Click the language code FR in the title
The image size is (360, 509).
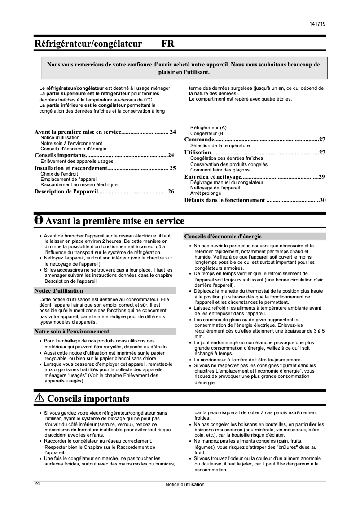click(x=167, y=44)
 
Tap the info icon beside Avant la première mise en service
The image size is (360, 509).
click(x=39, y=220)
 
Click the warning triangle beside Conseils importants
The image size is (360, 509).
click(x=39, y=398)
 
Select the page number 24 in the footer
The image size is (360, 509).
click(x=37, y=483)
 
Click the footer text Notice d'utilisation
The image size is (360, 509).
click(x=184, y=485)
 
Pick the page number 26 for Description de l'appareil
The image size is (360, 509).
click(x=171, y=192)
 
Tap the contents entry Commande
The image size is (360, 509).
click(x=199, y=140)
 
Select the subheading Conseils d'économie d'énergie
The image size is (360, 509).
click(x=223, y=236)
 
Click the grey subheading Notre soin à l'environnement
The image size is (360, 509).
click(x=72, y=332)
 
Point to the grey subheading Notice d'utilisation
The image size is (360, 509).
click(x=59, y=290)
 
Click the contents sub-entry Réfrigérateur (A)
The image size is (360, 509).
click(x=208, y=127)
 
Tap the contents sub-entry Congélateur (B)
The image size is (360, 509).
click(x=207, y=133)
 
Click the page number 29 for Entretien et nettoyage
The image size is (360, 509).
click(x=322, y=177)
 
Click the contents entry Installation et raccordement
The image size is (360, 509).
click(x=70, y=169)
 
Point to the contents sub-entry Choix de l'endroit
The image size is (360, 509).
click(x=59, y=174)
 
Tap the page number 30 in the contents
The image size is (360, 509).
click(x=323, y=200)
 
